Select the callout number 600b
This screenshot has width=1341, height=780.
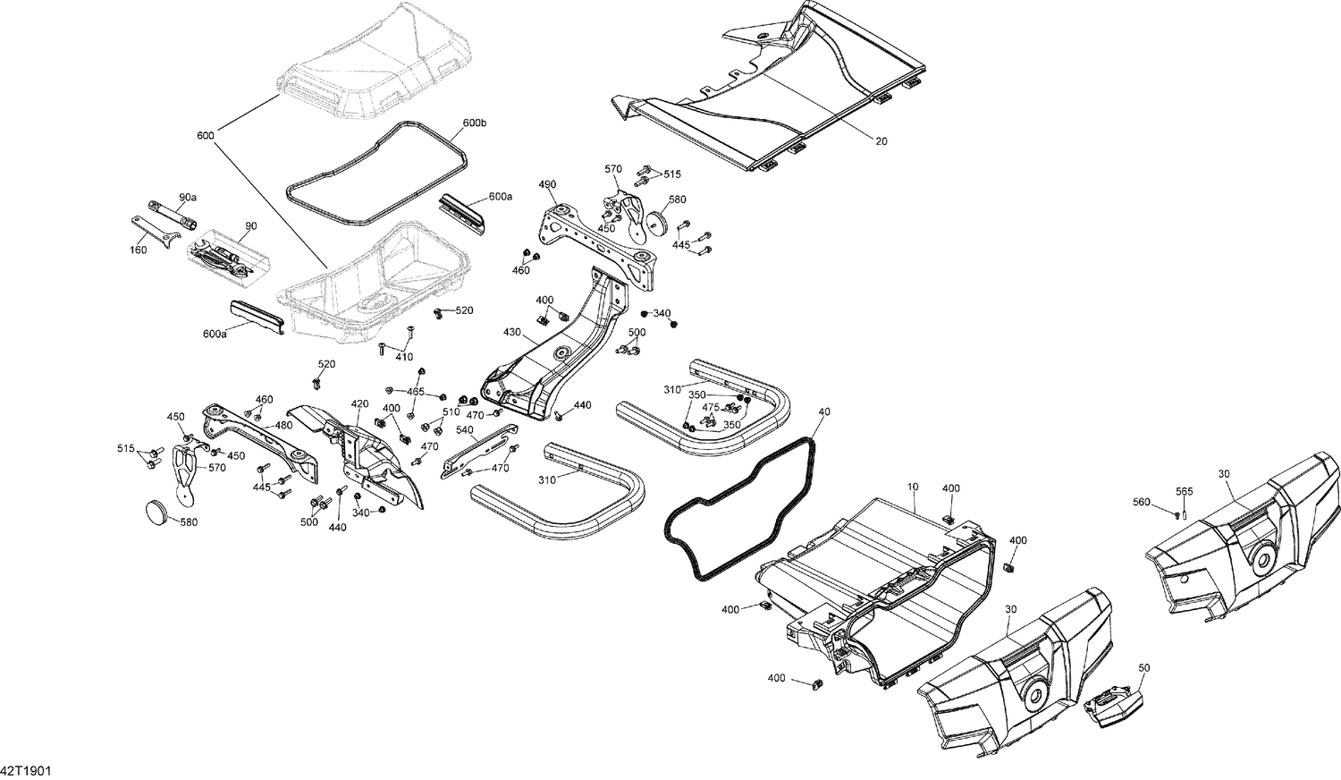(475, 123)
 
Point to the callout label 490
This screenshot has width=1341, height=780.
(547, 184)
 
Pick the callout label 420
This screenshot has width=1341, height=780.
(359, 404)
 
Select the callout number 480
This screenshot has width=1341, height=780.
(283, 425)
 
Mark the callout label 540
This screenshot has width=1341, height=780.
(464, 429)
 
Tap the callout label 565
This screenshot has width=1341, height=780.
(1184, 491)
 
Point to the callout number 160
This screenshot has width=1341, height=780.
(138, 250)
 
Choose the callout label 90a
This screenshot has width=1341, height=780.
(188, 197)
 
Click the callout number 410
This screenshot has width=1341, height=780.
(404, 357)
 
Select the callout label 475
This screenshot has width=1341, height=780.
(711, 408)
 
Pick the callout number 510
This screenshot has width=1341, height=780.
(451, 411)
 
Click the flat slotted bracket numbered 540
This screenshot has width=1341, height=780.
(483, 451)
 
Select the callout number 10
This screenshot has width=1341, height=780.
(912, 487)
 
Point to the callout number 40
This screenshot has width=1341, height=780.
(823, 411)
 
